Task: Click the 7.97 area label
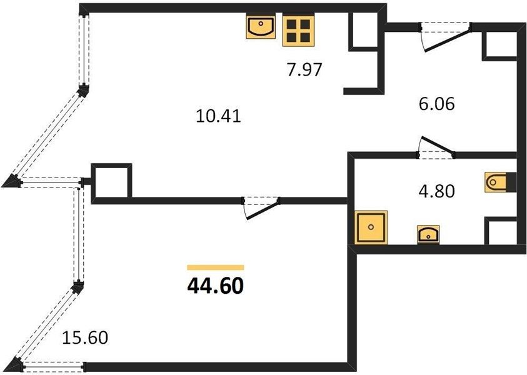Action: [x=304, y=69]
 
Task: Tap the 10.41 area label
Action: [x=218, y=117]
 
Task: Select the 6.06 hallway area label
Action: [x=436, y=104]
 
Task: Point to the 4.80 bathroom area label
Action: [x=436, y=191]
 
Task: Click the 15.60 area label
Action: [x=86, y=337]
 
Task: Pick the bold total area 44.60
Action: [x=216, y=287]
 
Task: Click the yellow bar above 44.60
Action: [x=216, y=267]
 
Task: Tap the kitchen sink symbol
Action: [x=261, y=26]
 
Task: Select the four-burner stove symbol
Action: [x=298, y=31]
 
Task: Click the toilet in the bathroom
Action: [x=496, y=182]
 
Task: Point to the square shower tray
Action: [x=371, y=227]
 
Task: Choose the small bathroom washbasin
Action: [x=428, y=234]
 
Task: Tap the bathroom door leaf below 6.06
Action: [x=437, y=145]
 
